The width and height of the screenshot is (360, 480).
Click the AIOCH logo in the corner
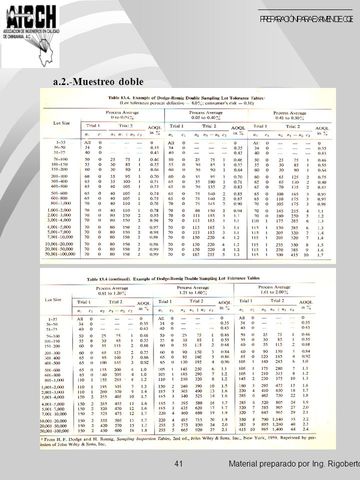point(31,17)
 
